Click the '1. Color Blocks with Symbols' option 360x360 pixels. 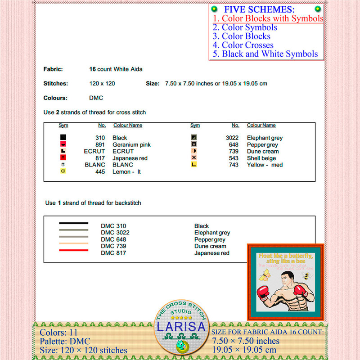(268, 18)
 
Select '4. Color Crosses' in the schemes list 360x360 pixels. (243, 45)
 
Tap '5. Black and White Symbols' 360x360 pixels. (265, 54)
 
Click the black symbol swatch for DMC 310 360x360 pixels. (63, 138)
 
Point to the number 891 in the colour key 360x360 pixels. (100, 144)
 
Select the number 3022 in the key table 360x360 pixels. (232, 138)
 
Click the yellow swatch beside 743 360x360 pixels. (194, 165)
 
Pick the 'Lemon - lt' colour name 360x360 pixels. (126, 171)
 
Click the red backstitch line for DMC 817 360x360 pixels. (73, 250)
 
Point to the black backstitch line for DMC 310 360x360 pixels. (73, 223)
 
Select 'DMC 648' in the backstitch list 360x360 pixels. (113, 239)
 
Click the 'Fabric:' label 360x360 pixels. (53, 69)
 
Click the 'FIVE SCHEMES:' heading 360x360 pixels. (260, 9)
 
